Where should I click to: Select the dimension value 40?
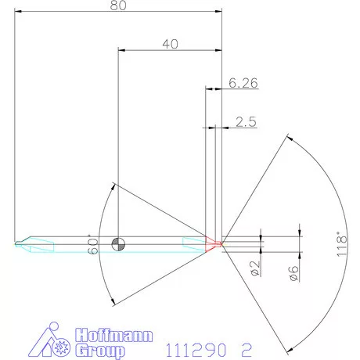point(170,45)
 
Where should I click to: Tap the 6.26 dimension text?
point(243,81)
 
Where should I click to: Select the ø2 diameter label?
point(255,268)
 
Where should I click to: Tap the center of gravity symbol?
point(117,243)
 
